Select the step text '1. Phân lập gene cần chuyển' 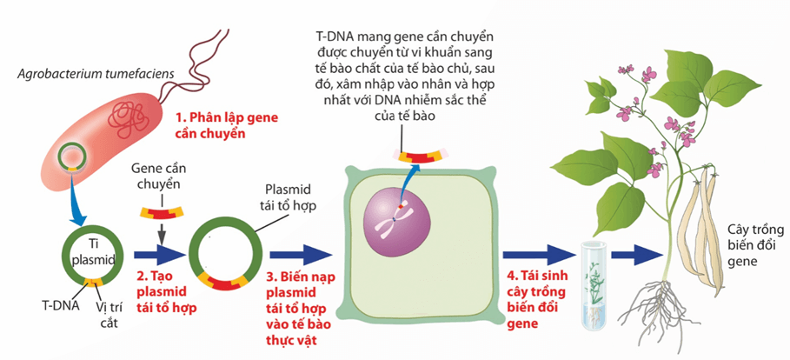click(219, 125)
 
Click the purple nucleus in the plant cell click(396, 224)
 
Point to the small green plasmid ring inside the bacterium click(71, 158)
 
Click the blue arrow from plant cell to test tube click(533, 255)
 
